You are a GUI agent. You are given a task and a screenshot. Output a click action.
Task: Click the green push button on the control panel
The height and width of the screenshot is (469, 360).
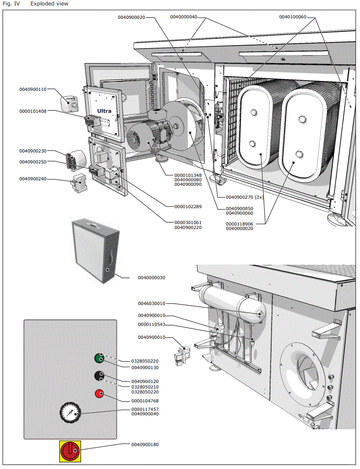(99, 358)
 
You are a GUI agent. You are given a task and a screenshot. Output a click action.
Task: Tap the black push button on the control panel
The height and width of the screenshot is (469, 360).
(99, 376)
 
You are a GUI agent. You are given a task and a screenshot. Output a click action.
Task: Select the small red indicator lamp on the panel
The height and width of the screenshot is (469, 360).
(99, 394)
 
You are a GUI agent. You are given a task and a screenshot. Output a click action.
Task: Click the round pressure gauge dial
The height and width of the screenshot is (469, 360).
(70, 413)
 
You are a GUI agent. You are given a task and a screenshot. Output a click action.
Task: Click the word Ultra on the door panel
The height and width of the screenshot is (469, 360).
(104, 110)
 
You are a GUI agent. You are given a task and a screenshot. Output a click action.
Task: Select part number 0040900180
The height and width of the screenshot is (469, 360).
(145, 445)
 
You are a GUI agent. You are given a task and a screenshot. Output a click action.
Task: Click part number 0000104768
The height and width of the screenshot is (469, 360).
(145, 400)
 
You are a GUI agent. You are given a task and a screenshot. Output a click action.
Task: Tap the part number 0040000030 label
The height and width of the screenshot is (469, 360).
(152, 278)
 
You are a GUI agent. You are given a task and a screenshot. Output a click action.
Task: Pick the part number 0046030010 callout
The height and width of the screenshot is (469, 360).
(151, 304)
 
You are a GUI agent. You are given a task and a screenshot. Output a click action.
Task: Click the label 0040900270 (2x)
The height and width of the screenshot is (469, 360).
(244, 197)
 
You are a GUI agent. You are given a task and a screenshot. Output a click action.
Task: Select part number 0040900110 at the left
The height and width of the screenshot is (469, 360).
(33, 89)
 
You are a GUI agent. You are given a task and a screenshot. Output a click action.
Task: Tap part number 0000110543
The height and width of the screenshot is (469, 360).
(151, 325)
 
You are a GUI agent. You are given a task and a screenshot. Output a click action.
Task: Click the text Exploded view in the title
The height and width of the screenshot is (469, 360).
(50, 4)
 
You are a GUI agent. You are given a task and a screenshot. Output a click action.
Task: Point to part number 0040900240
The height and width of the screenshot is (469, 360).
(33, 178)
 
